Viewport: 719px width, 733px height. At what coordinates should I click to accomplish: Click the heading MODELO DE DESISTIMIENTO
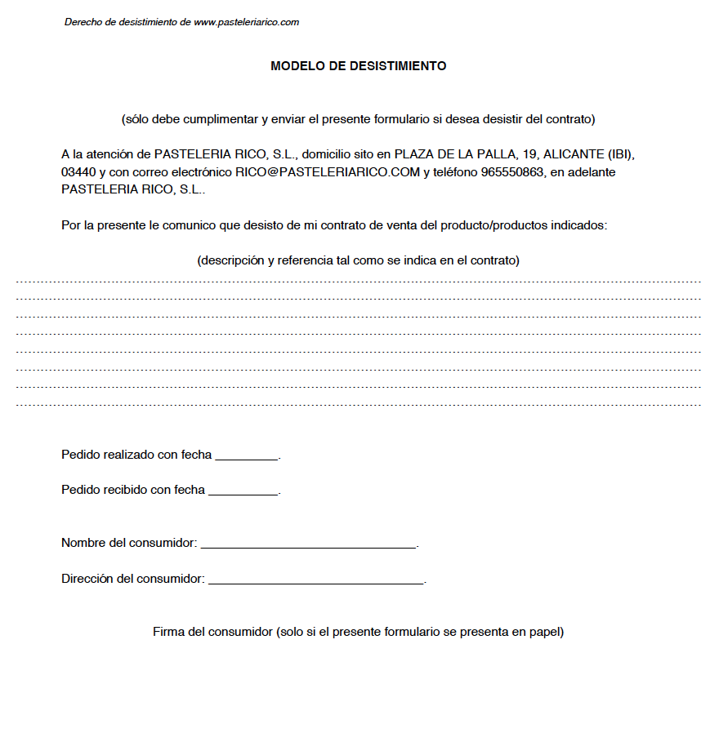[x=358, y=66]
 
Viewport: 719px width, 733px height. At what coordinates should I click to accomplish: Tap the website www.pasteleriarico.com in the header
[x=246, y=22]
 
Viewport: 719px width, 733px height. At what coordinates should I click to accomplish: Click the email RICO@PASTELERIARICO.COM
[x=328, y=172]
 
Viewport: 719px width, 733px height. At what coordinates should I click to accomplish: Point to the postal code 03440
[x=78, y=172]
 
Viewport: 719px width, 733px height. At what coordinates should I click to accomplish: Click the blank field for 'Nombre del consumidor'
[x=308, y=544]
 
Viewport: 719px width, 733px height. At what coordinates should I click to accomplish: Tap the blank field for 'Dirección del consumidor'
[x=316, y=580]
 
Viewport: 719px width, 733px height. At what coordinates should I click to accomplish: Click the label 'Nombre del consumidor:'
[x=129, y=543]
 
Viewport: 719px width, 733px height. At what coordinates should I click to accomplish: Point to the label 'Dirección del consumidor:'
[x=132, y=579]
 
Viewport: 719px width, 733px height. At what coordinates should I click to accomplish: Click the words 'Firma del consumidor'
[x=212, y=632]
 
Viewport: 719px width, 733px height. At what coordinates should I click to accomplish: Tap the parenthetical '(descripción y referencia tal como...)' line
[x=358, y=261]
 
